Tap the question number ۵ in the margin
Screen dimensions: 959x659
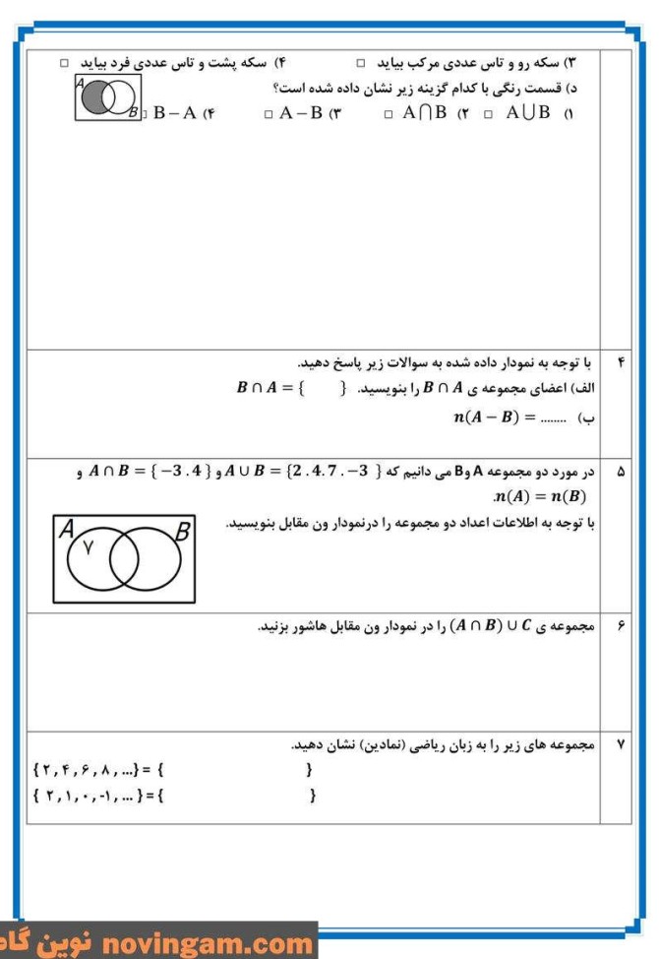pyautogui.click(x=620, y=474)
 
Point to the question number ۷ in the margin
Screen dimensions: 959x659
pyautogui.click(x=620, y=745)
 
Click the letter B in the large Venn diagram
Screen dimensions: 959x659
pyautogui.click(x=182, y=532)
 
